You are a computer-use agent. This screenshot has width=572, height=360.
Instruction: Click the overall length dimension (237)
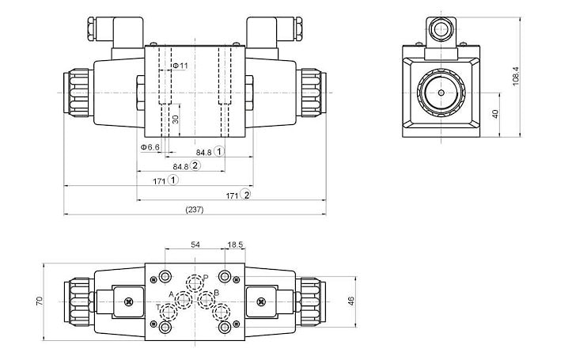(x=194, y=210)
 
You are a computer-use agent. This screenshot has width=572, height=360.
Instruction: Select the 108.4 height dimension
(x=516, y=76)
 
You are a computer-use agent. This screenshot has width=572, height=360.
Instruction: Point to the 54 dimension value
(x=195, y=245)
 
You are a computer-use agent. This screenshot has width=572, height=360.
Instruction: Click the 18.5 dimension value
(x=236, y=245)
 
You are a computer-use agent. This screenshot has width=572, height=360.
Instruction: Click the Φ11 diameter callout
(x=180, y=65)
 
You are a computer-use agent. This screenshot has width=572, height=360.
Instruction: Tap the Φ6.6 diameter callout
(x=150, y=148)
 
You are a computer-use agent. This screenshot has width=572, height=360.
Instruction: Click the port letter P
(x=205, y=277)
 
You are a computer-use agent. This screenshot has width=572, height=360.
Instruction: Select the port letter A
(x=172, y=294)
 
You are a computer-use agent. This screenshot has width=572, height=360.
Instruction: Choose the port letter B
(x=217, y=294)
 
